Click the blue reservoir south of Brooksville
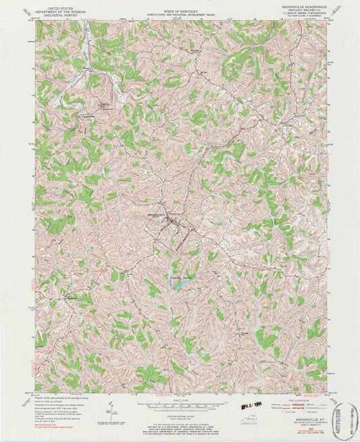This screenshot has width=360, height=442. (x=182, y=283)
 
